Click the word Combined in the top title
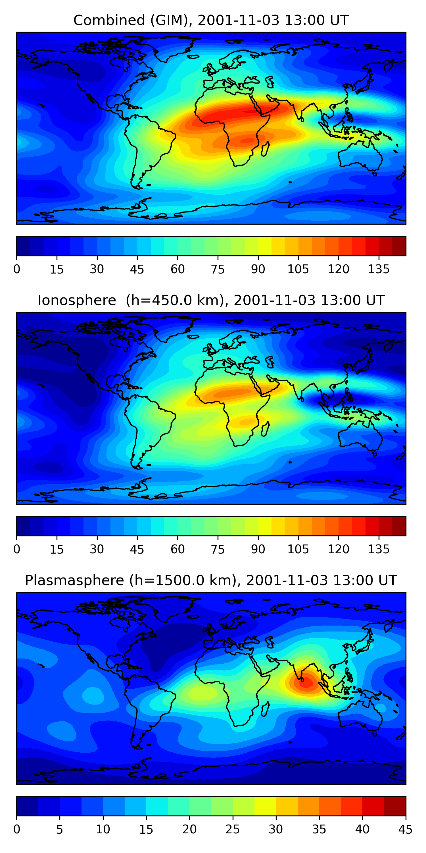(109, 20)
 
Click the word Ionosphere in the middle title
(77, 301)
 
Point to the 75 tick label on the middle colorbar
(218, 549)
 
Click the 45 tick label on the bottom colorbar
(405, 829)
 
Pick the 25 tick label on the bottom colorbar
(233, 829)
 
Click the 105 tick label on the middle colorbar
(298, 549)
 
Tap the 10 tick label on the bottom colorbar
(103, 829)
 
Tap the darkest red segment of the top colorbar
(399, 246)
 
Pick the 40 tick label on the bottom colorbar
(362, 829)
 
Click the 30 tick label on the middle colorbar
(97, 549)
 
